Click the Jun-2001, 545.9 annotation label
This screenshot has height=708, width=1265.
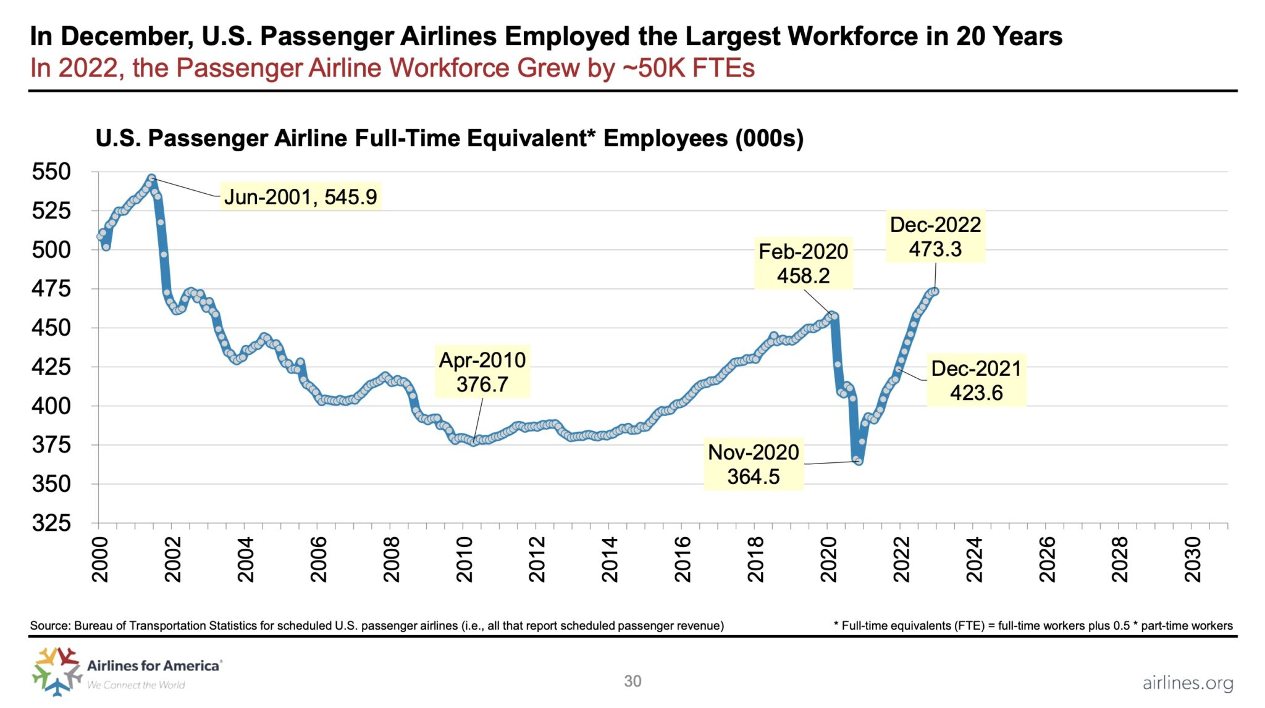(300, 197)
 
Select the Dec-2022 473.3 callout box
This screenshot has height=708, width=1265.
(935, 237)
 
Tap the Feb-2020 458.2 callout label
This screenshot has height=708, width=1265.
(803, 264)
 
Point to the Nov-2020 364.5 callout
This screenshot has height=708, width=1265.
(753, 464)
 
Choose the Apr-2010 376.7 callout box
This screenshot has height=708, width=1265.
(482, 372)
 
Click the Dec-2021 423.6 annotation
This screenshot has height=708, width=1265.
(976, 380)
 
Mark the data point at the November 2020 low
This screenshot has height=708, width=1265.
(858, 461)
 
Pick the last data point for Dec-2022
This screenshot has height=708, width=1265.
(935, 291)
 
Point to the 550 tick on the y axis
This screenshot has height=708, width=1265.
(51, 172)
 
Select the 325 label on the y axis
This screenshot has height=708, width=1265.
(51, 523)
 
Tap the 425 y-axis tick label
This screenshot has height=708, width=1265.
(51, 367)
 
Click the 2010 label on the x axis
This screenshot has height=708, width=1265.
(464, 559)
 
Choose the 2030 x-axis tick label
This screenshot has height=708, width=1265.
(1193, 559)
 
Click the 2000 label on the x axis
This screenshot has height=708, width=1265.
(100, 559)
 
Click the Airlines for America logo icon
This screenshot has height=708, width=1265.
(57, 671)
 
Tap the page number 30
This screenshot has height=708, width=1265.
(632, 681)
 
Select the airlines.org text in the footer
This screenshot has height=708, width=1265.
(1187, 683)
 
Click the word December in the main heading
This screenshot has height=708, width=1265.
(127, 36)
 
